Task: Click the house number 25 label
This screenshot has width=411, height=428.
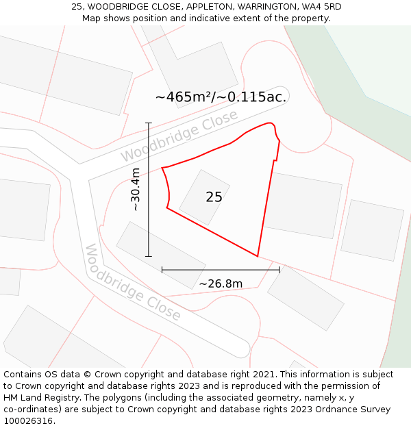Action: [214, 197]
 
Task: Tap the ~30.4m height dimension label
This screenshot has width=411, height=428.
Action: [135, 189]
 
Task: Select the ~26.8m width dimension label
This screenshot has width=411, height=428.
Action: [221, 284]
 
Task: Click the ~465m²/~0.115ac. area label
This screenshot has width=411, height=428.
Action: [221, 97]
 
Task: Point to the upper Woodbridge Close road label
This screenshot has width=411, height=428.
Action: [179, 136]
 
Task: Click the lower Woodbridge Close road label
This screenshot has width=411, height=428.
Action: [133, 282]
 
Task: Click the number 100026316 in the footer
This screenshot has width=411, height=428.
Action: [27, 421]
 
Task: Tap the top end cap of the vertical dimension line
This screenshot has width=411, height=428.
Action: [149, 123]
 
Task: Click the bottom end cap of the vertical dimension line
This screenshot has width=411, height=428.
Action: [149, 256]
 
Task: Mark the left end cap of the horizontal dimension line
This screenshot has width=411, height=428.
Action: [162, 270]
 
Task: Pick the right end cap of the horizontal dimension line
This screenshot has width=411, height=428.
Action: [279, 270]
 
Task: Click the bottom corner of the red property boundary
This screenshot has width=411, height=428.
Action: [258, 256]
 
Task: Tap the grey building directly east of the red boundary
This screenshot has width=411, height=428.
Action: [303, 205]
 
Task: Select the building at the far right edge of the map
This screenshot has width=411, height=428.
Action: [372, 230]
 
